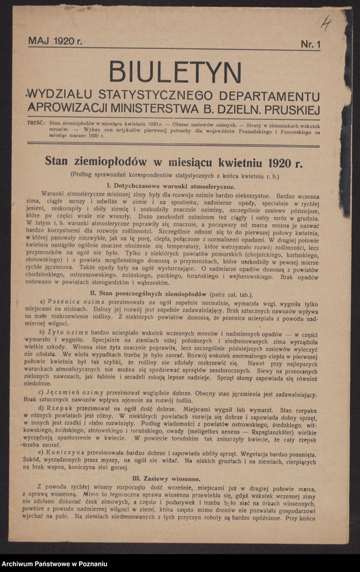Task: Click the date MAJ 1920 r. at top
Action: point(55,41)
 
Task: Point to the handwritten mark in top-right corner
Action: point(327,25)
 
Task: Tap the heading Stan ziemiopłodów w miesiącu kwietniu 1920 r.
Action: point(174,161)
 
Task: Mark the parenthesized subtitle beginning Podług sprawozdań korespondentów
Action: point(174,174)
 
